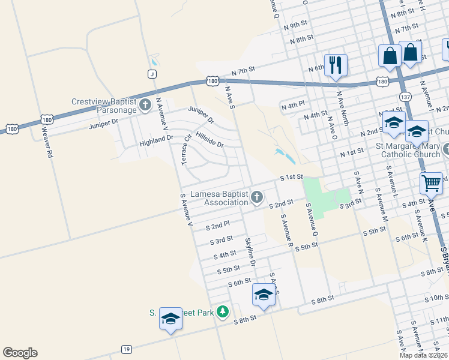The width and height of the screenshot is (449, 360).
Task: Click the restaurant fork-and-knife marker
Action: point(336,64)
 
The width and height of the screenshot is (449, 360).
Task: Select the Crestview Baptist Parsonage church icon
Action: point(145,106)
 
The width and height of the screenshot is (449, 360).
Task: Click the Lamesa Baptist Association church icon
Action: point(257,197)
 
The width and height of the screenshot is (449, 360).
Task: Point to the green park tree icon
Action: point(223,311)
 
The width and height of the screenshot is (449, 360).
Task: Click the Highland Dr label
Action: point(156,139)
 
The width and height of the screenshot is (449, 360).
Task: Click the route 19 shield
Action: point(126,349)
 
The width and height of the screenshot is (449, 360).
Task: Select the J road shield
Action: point(152,73)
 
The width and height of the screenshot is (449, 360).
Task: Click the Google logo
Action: point(20,353)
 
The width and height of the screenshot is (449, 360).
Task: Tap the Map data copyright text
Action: point(423,355)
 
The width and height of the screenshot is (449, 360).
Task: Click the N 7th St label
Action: point(244,72)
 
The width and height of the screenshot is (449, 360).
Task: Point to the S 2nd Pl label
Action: point(218,226)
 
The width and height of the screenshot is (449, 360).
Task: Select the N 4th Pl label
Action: point(293,106)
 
